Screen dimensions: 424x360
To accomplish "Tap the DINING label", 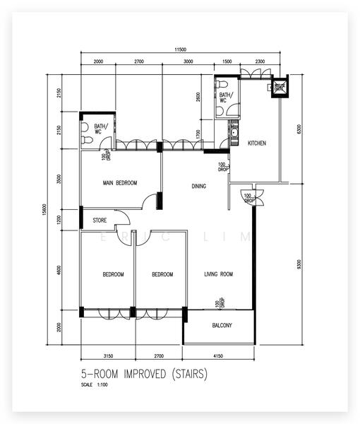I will [199, 187].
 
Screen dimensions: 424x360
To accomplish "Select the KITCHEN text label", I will [256, 143].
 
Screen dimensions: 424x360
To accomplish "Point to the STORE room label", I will [100, 220].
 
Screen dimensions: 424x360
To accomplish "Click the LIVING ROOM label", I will [218, 274].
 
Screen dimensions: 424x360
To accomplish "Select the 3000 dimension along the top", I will [188, 62].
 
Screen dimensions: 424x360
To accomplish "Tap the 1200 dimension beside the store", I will [60, 220].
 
